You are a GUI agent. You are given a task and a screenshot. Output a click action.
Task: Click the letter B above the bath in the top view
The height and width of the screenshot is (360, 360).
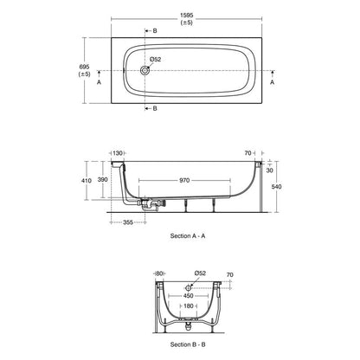click(x=155, y=30)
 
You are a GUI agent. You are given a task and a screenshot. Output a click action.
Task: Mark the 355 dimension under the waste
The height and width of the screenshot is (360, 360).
click(x=127, y=222)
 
